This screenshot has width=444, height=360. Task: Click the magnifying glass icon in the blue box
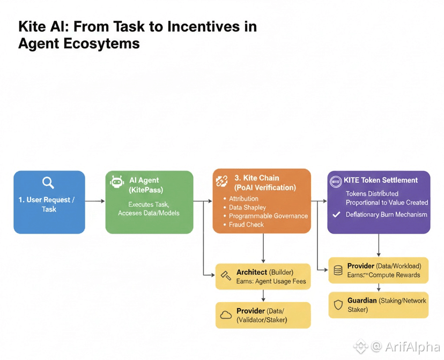pyautogui.click(x=48, y=183)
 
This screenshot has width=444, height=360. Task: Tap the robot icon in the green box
pyautogui.click(x=117, y=182)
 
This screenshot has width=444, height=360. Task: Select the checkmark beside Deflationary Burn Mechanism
pyautogui.click(x=336, y=215)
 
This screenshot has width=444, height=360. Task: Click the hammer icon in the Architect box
pyautogui.click(x=226, y=275)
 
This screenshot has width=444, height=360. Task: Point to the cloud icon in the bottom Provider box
pyautogui.click(x=226, y=315)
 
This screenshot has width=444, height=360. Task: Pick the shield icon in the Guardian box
pyautogui.click(x=338, y=305)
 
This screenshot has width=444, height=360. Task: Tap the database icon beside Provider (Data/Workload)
pyautogui.click(x=338, y=271)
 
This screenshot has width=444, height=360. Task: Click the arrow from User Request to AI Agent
pyautogui.click(x=95, y=201)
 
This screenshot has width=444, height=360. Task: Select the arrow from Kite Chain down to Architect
pyautogui.click(x=263, y=248)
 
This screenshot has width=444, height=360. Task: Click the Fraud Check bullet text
pyautogui.click(x=246, y=224)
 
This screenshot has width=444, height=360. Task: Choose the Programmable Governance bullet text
pyautogui.click(x=269, y=216)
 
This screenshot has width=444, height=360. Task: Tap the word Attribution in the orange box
pyautogui.click(x=243, y=199)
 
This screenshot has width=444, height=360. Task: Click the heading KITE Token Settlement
pyautogui.click(x=381, y=180)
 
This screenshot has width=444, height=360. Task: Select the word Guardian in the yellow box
pyautogui.click(x=362, y=301)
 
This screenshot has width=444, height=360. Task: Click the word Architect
pyautogui.click(x=251, y=272)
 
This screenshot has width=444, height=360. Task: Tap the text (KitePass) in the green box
pyautogui.click(x=146, y=190)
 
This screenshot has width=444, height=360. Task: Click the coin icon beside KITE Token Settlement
pyautogui.click(x=336, y=182)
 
